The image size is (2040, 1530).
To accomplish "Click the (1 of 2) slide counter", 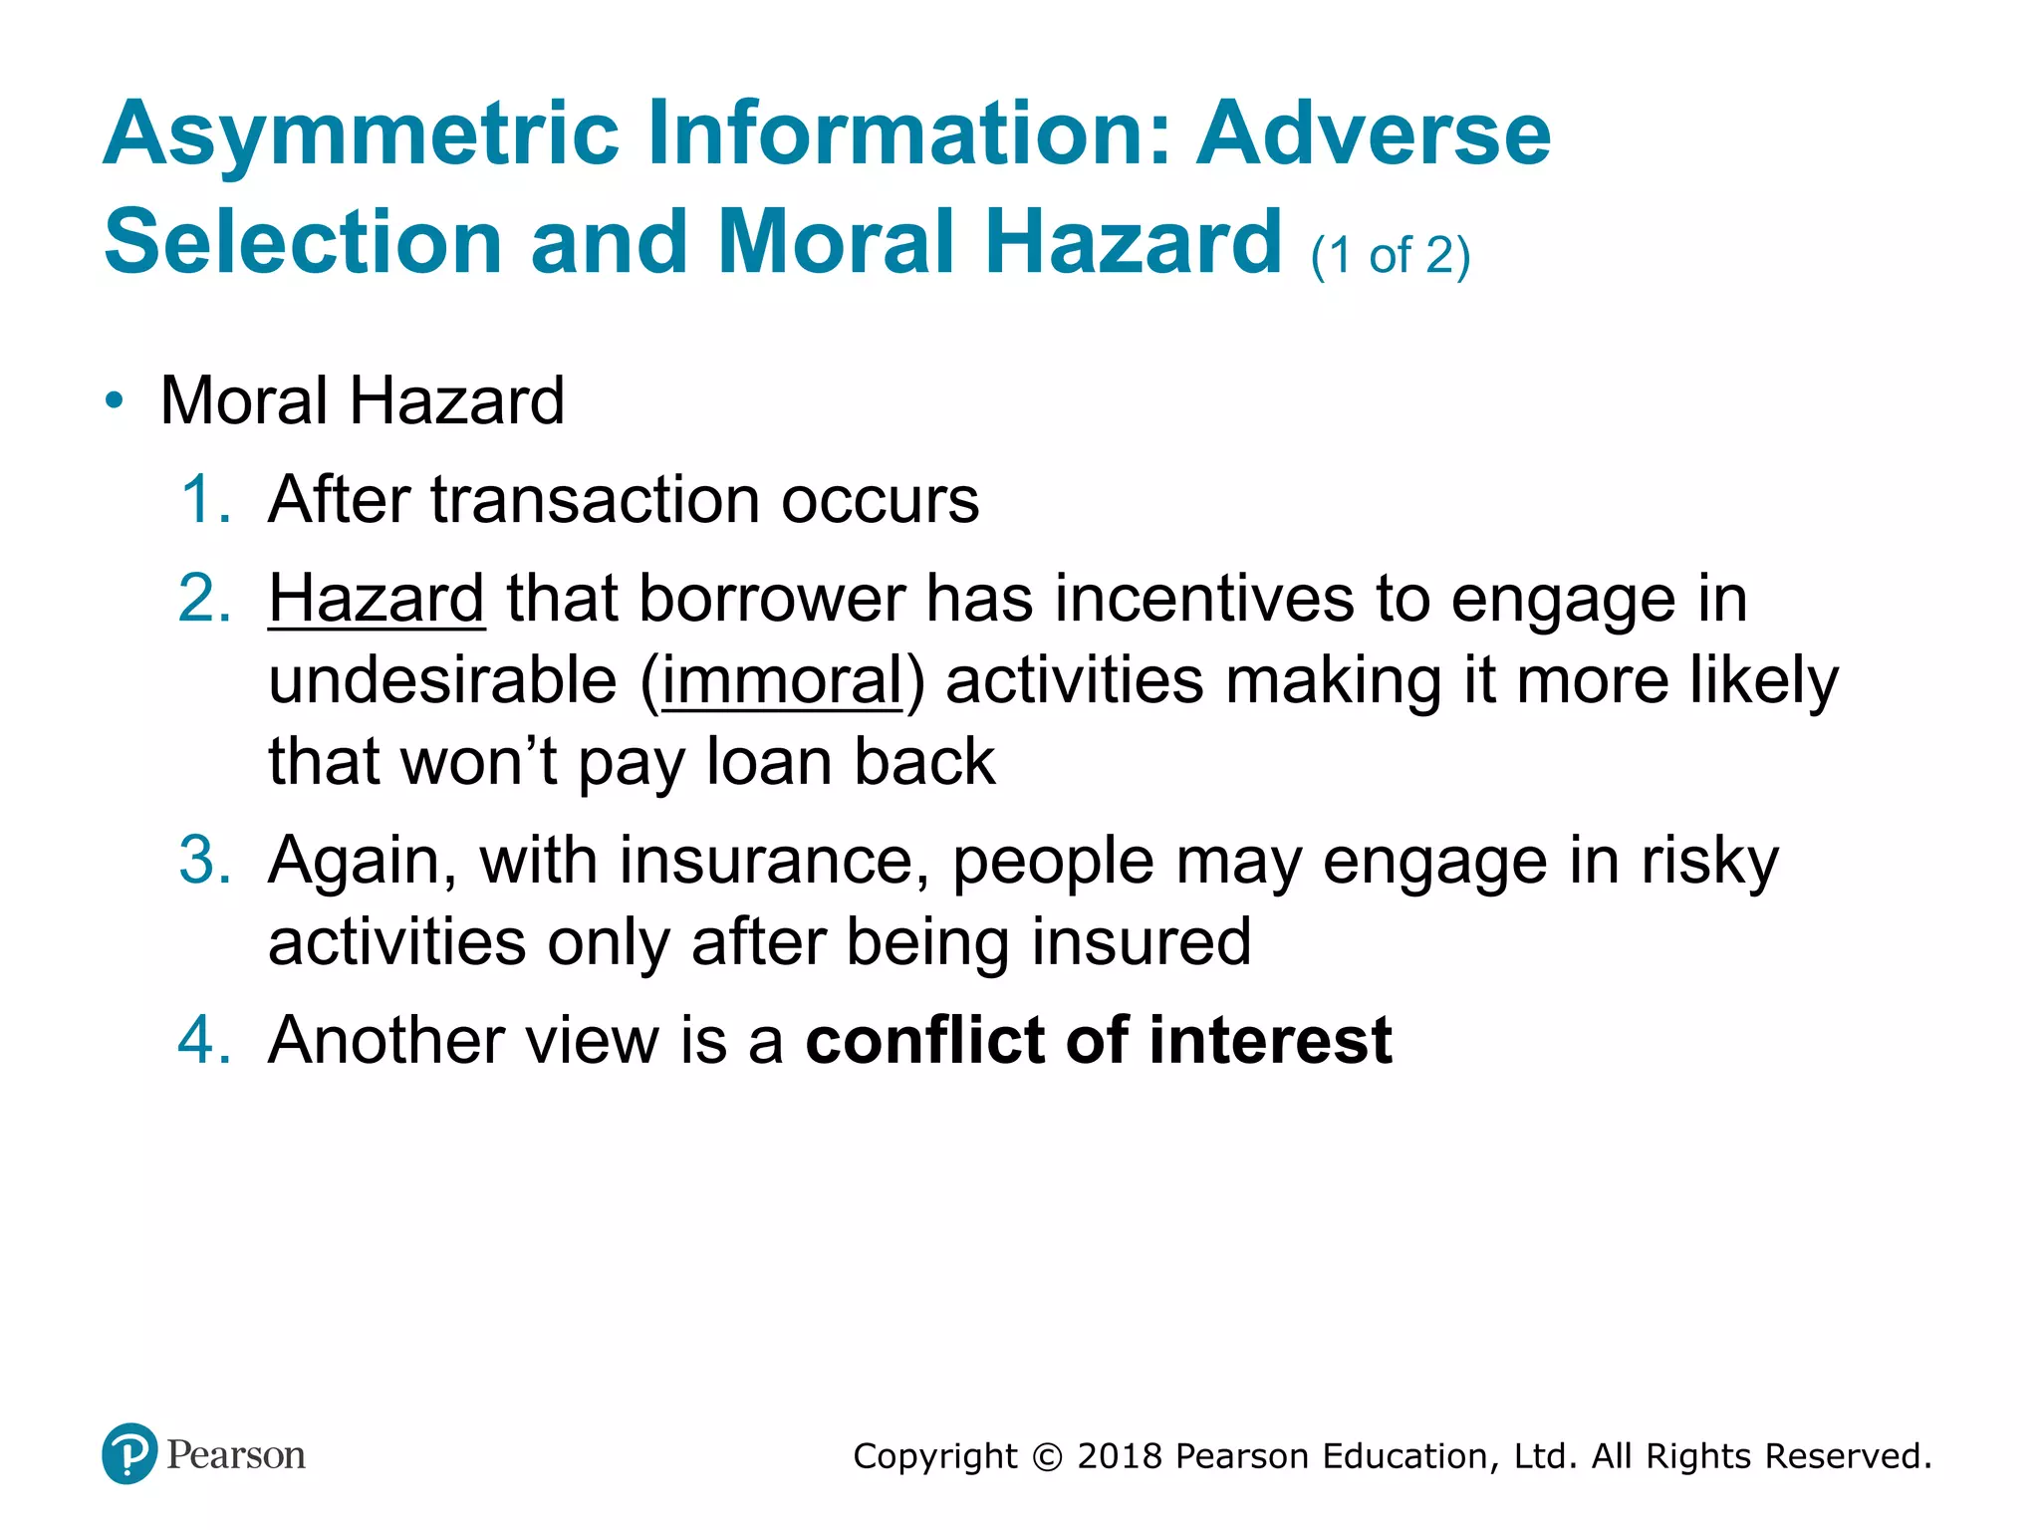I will coord(1390,256).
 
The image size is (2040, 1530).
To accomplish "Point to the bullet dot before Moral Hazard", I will coord(116,401).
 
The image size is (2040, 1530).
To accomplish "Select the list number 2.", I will coord(204,599).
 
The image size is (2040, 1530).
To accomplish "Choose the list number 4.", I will coord(204,1040).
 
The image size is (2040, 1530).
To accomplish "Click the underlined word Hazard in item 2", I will coord(377,599).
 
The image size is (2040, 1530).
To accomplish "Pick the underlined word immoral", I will coord(782,680).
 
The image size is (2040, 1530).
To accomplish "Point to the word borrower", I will coord(771,599).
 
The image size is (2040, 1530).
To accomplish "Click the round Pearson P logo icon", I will coord(129,1454).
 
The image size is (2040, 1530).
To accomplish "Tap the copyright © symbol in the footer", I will coord(1047,1457).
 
